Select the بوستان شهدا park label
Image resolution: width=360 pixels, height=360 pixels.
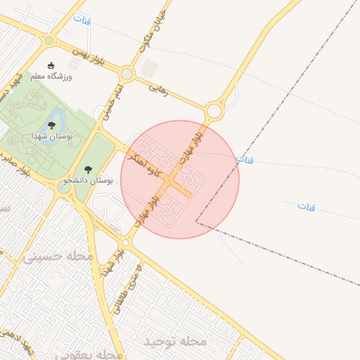(50, 135)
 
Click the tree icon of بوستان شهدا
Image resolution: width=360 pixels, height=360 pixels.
(52, 125)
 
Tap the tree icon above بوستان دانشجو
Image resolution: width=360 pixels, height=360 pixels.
(88, 169)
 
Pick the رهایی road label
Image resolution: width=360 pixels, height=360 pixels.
(160, 89)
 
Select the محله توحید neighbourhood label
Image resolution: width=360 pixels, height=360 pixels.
(175, 342)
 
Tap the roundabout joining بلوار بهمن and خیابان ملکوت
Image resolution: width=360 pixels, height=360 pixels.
(127, 73)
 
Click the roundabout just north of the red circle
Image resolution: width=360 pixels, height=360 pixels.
(215, 110)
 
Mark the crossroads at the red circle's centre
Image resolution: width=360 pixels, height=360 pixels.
(169, 181)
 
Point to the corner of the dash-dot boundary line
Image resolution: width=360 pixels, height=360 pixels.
(196, 223)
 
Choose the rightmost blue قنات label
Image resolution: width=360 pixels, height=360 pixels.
(307, 206)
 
